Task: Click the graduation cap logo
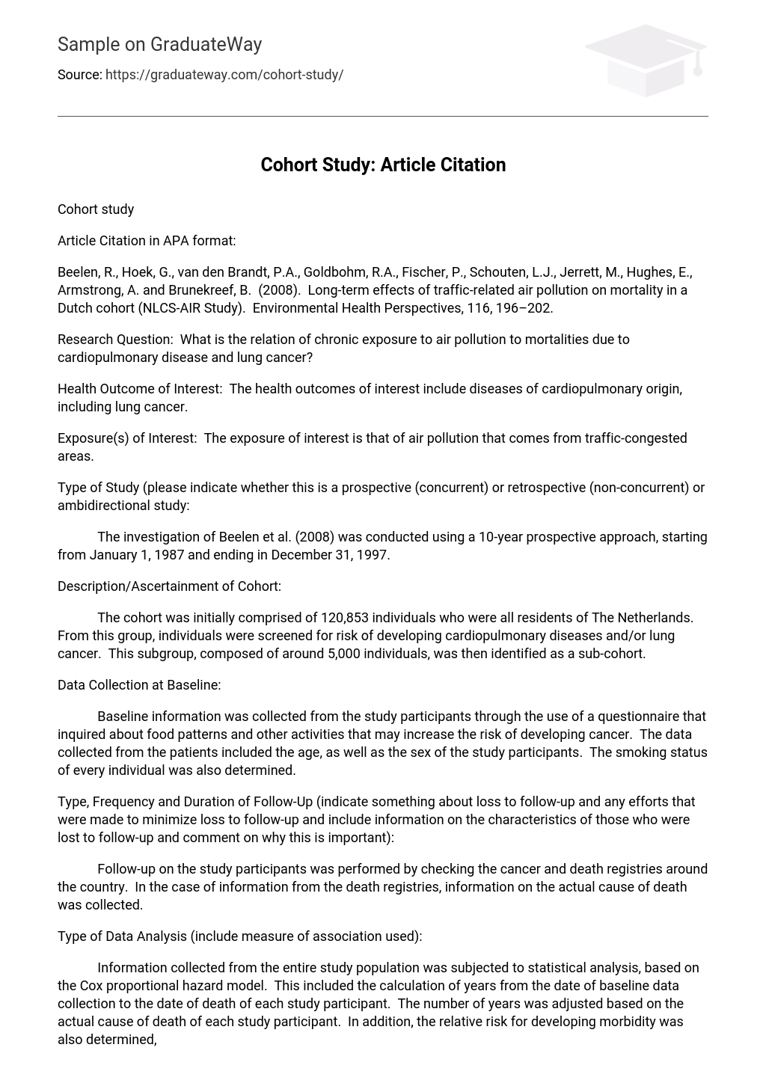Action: (645, 60)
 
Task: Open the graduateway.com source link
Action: (224, 75)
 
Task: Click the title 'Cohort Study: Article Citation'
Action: (383, 165)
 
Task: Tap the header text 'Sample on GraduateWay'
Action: (159, 45)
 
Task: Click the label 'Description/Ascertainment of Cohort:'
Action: (169, 586)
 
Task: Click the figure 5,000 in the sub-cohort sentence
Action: (345, 654)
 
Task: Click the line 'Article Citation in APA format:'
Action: (147, 241)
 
